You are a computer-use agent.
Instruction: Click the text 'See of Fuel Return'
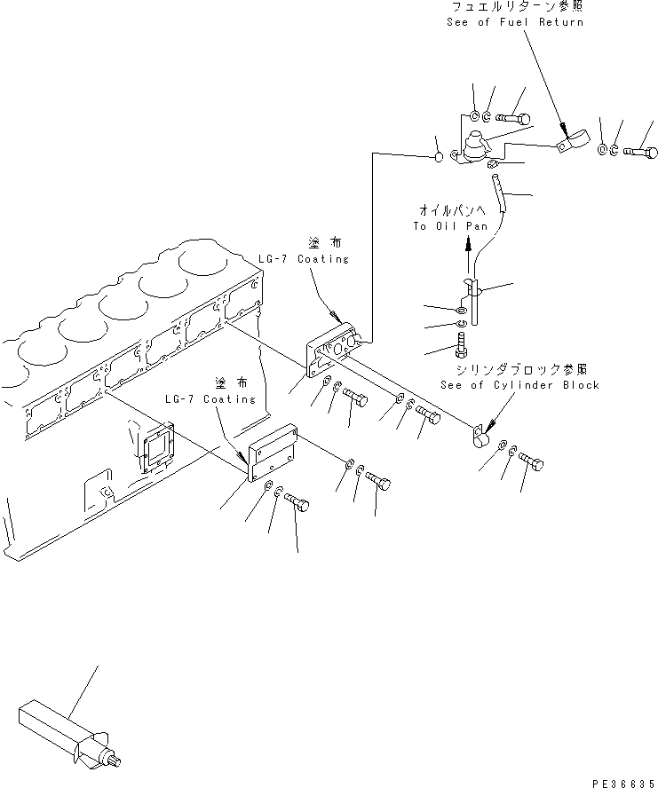click(516, 21)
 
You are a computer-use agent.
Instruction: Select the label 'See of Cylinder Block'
click(519, 385)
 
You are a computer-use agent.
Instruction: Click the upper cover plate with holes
click(333, 351)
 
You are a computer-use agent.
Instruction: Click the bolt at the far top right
click(643, 152)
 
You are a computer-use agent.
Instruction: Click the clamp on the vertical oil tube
click(472, 288)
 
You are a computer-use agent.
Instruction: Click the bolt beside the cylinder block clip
click(531, 462)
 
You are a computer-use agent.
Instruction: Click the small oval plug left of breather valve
click(439, 158)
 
